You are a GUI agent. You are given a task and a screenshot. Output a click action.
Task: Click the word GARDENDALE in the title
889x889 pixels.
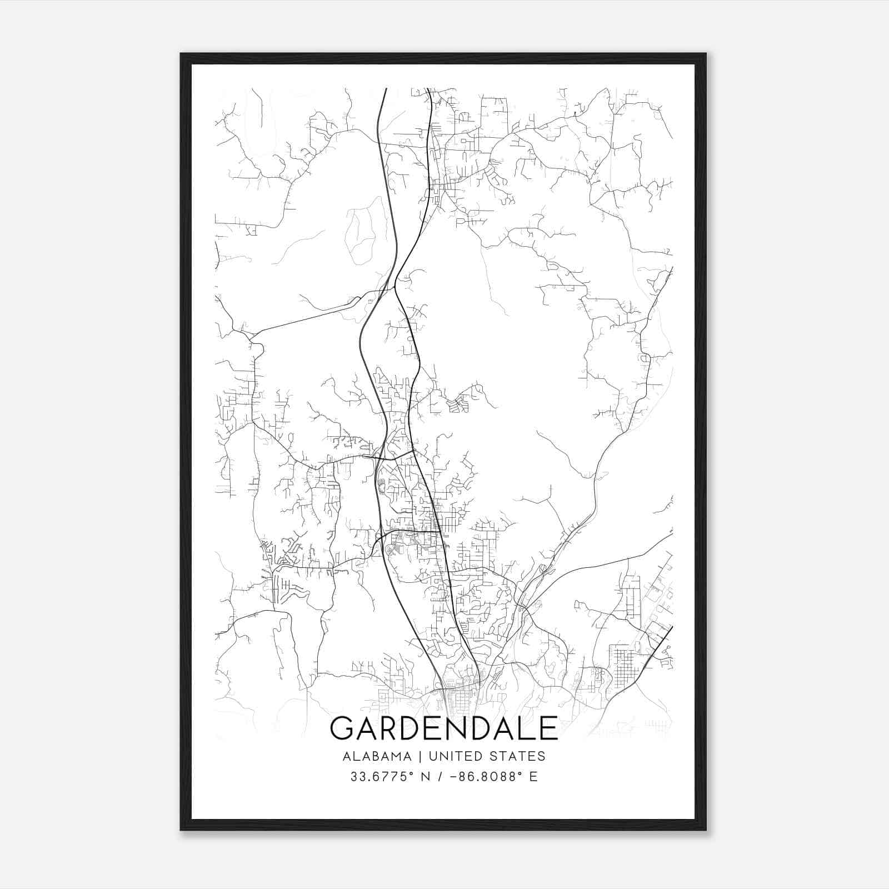coord(443,728)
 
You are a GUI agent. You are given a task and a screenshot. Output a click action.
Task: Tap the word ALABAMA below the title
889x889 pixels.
coord(377,756)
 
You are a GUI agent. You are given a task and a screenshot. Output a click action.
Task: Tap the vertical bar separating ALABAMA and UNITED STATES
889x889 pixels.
coord(420,756)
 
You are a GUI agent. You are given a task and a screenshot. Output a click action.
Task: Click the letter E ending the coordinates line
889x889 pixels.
coord(533,777)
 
